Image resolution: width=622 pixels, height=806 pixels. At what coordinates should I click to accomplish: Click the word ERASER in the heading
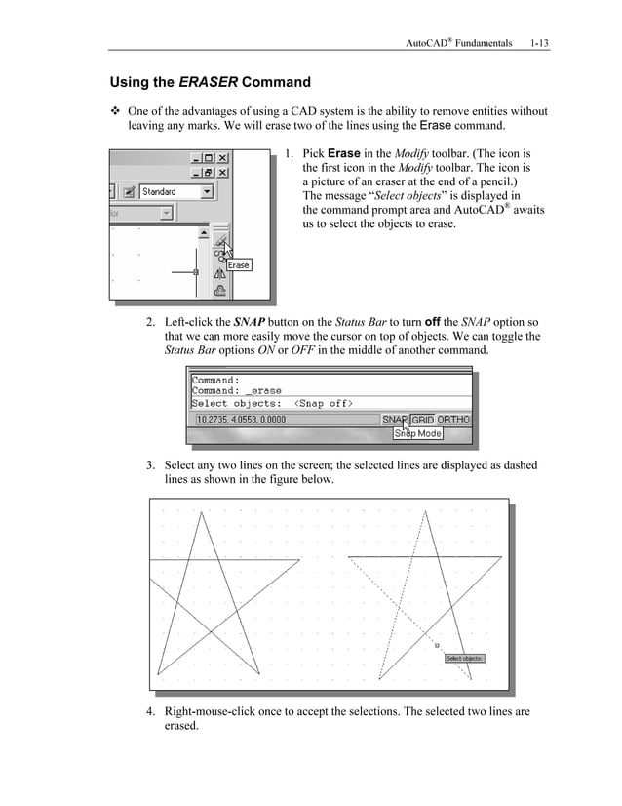(x=206, y=82)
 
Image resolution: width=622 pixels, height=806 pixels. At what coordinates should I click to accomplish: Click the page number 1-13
(x=539, y=43)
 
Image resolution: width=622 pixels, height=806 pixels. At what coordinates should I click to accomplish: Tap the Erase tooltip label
(x=239, y=264)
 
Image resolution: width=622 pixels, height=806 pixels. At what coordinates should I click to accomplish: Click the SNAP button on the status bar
(x=394, y=420)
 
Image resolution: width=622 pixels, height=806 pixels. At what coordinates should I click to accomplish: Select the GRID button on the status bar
(x=423, y=420)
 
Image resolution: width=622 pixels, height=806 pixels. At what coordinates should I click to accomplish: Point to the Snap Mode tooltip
(x=417, y=433)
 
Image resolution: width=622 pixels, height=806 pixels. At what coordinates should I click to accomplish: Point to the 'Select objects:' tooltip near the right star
(x=464, y=659)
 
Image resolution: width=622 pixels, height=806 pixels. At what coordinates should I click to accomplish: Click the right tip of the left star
(x=299, y=559)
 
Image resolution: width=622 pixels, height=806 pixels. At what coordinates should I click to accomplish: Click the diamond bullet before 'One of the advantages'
(x=115, y=111)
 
